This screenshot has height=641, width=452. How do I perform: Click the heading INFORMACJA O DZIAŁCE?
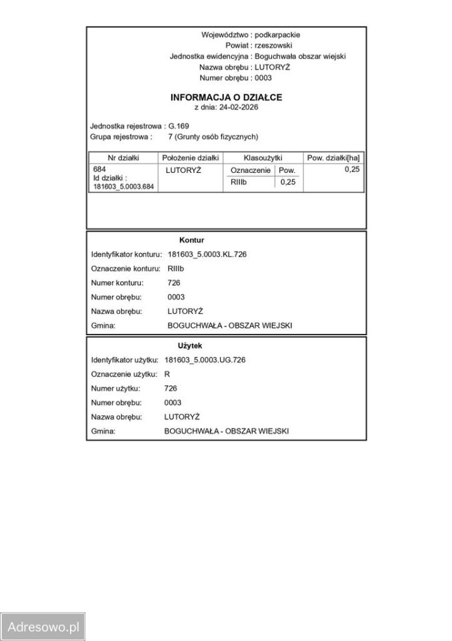pyautogui.click(x=226, y=97)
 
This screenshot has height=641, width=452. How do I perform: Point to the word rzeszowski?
pyautogui.click(x=273, y=45)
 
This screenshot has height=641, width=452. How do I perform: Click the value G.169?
pyautogui.click(x=179, y=126)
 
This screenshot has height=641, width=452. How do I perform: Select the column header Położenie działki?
pyautogui.click(x=191, y=158)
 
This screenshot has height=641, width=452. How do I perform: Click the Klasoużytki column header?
pyautogui.click(x=263, y=158)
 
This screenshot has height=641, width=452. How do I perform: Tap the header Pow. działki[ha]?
pyautogui.click(x=333, y=158)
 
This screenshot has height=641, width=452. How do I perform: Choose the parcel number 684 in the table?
pyautogui.click(x=100, y=170)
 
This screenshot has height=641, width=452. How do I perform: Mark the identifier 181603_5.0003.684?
pyautogui.click(x=124, y=187)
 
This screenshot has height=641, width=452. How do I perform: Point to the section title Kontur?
pyautogui.click(x=191, y=240)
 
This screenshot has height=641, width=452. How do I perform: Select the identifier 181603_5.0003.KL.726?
pyautogui.click(x=207, y=254)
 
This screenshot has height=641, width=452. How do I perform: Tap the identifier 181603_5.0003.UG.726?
pyautogui.click(x=205, y=360)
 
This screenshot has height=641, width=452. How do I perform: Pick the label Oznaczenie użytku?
pyautogui.click(x=124, y=374)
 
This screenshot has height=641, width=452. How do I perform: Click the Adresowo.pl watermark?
pyautogui.click(x=43, y=627)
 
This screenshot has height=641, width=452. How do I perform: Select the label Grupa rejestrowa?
pyautogui.click(x=121, y=136)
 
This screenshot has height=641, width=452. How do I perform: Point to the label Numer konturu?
pyautogui.click(x=117, y=282)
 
